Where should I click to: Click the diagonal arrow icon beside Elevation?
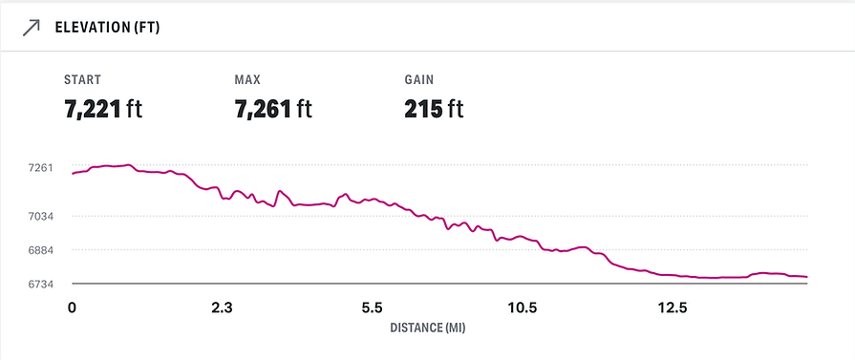[x=31, y=27]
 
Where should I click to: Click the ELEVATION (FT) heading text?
[x=107, y=27]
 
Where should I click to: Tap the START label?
[x=82, y=79]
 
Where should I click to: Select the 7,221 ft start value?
[x=103, y=108]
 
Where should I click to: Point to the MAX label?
[x=247, y=79]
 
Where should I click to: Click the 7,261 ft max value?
[x=273, y=108]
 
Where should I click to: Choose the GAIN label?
[x=420, y=79]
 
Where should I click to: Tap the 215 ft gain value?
[x=434, y=108]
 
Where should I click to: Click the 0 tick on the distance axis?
[x=72, y=307]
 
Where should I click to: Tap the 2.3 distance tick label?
[x=222, y=307]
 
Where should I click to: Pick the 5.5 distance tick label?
[x=373, y=307]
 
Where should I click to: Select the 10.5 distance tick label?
[x=523, y=307]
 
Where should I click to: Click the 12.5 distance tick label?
[x=673, y=307]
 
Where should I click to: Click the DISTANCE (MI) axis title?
[x=427, y=328]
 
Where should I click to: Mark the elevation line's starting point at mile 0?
[x=73, y=174]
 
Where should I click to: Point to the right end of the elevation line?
[x=807, y=277]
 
